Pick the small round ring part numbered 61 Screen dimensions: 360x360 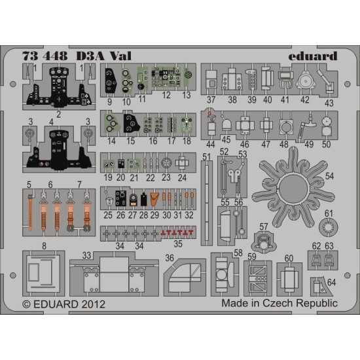pos(328,228)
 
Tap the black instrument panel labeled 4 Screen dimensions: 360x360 pos(58,147)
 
